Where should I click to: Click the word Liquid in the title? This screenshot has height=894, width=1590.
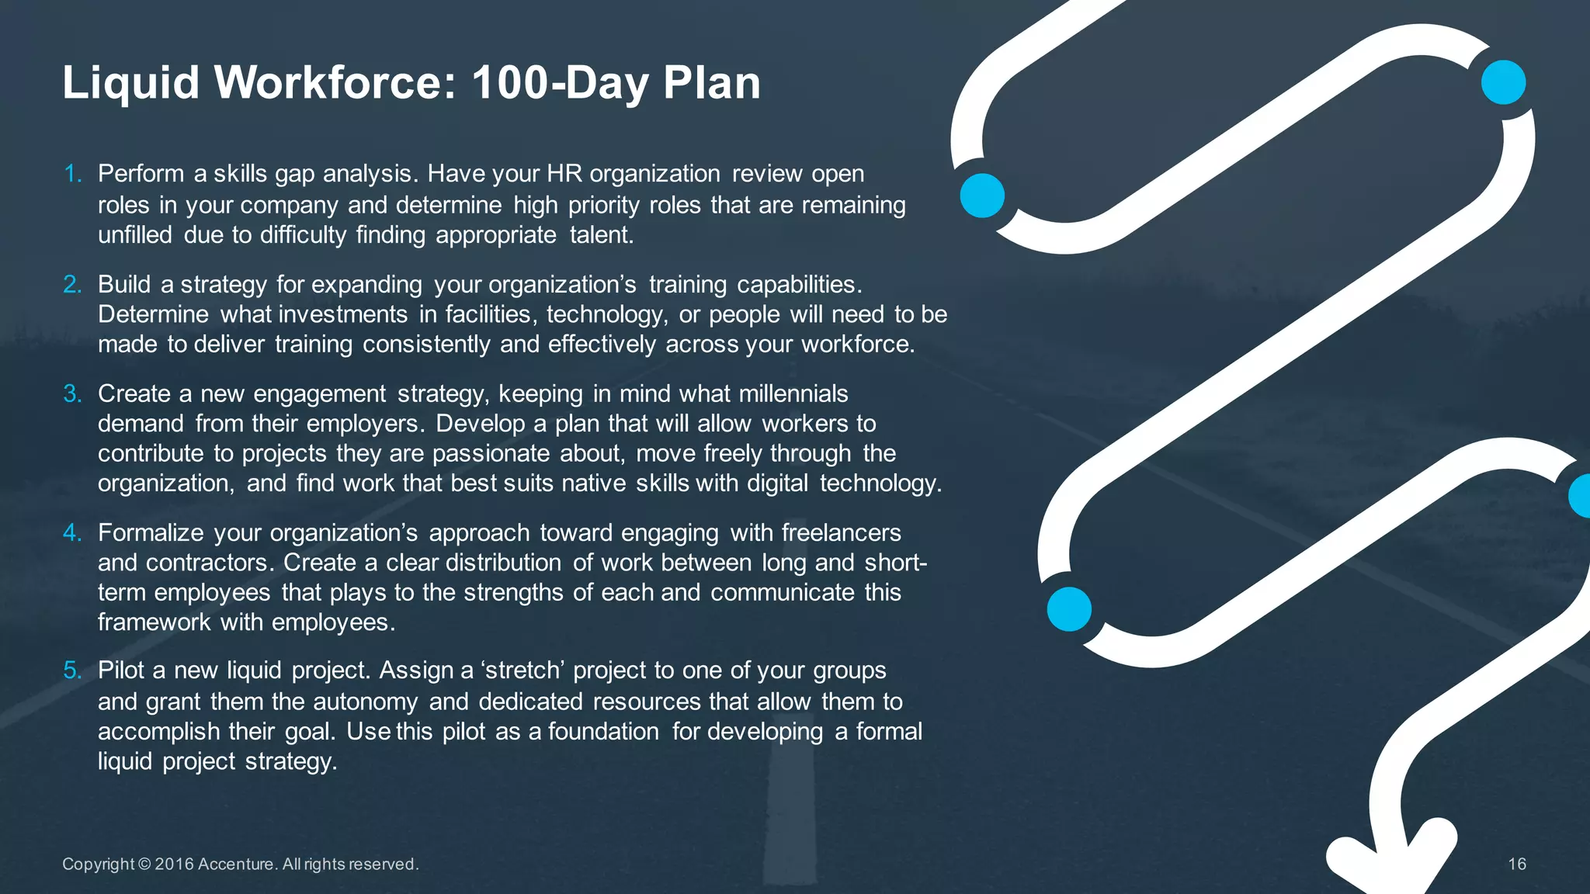click(x=130, y=82)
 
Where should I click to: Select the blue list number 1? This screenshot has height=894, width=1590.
click(x=72, y=174)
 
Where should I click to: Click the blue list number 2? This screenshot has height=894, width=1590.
click(x=72, y=285)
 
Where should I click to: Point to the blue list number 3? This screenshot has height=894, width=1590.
click(x=72, y=394)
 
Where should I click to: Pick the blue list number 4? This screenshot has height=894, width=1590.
click(x=72, y=533)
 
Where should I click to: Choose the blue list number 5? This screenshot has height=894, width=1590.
click(x=72, y=670)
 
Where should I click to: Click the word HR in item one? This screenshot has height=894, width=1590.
click(x=564, y=174)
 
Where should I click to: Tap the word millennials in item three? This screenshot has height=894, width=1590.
click(x=793, y=394)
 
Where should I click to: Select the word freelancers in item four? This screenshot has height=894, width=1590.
click(x=841, y=533)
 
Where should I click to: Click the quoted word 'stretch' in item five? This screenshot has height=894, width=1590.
click(x=522, y=670)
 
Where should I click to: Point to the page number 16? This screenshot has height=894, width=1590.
click(x=1516, y=865)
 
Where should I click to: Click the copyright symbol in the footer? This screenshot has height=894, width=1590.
click(x=144, y=865)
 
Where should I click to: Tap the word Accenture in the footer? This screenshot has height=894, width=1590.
click(x=236, y=865)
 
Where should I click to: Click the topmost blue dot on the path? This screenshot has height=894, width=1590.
click(x=1503, y=82)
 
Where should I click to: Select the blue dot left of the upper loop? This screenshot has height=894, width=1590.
click(x=982, y=196)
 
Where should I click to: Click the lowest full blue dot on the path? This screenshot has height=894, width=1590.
click(x=1069, y=609)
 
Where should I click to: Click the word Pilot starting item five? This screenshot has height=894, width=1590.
click(x=121, y=670)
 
